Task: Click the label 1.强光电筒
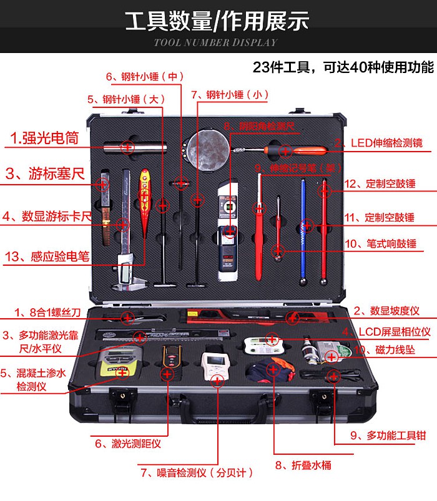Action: pyautogui.click(x=44, y=139)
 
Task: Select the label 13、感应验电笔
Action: pyautogui.click(x=49, y=256)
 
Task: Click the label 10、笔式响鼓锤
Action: pyautogui.click(x=380, y=244)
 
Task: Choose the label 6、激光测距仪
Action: pyautogui.click(x=127, y=444)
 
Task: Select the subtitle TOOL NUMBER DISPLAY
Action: pyautogui.click(x=215, y=43)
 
